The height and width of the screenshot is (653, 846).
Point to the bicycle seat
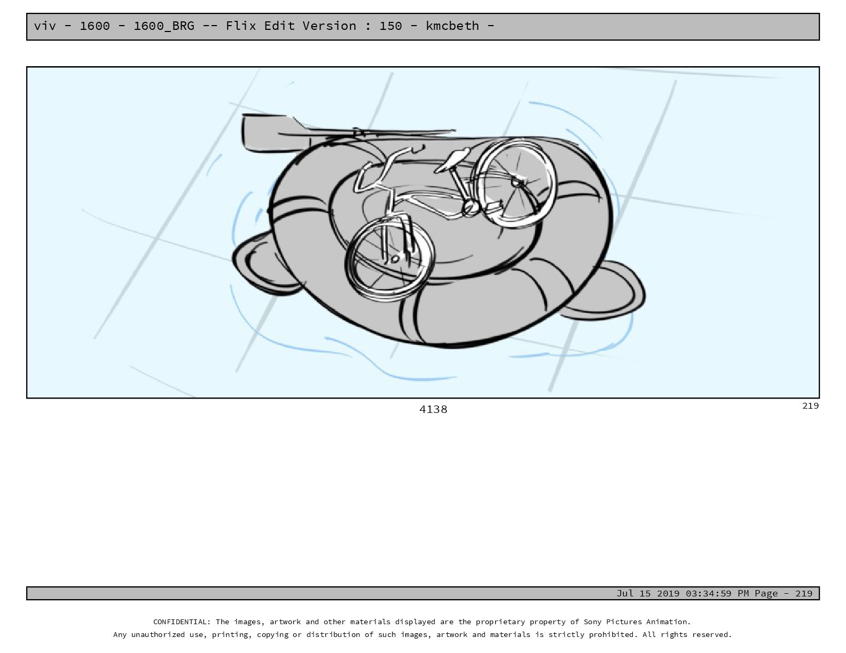[x=452, y=160]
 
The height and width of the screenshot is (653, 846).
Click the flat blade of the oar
[x=272, y=133]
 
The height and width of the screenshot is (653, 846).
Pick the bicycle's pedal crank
[x=471, y=209]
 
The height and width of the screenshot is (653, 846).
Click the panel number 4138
[x=433, y=410]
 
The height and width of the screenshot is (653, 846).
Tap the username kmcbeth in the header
[x=452, y=26]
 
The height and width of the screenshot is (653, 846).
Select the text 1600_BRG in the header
[x=164, y=26]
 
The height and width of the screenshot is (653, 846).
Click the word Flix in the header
[x=240, y=26]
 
